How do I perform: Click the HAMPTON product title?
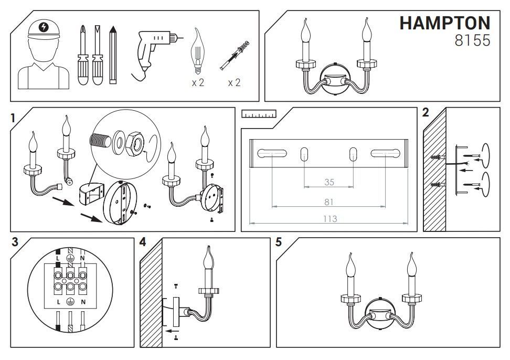[x=444, y=24]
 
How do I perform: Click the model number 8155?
[x=472, y=40]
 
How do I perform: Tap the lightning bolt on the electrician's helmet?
[x=43, y=27]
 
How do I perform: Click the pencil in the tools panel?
[x=113, y=55]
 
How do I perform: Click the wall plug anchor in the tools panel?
[x=235, y=55]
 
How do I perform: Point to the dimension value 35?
[x=329, y=182]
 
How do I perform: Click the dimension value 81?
[x=329, y=202]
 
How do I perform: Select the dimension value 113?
[x=330, y=219]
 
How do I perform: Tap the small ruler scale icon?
[x=259, y=114]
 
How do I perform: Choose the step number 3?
[x=15, y=242]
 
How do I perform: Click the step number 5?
[x=279, y=242]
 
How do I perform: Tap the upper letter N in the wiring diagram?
[x=82, y=258]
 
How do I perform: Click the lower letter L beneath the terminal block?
[x=59, y=302]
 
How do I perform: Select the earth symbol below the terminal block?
[x=70, y=302]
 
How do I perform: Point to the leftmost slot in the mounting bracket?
[x=272, y=153]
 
